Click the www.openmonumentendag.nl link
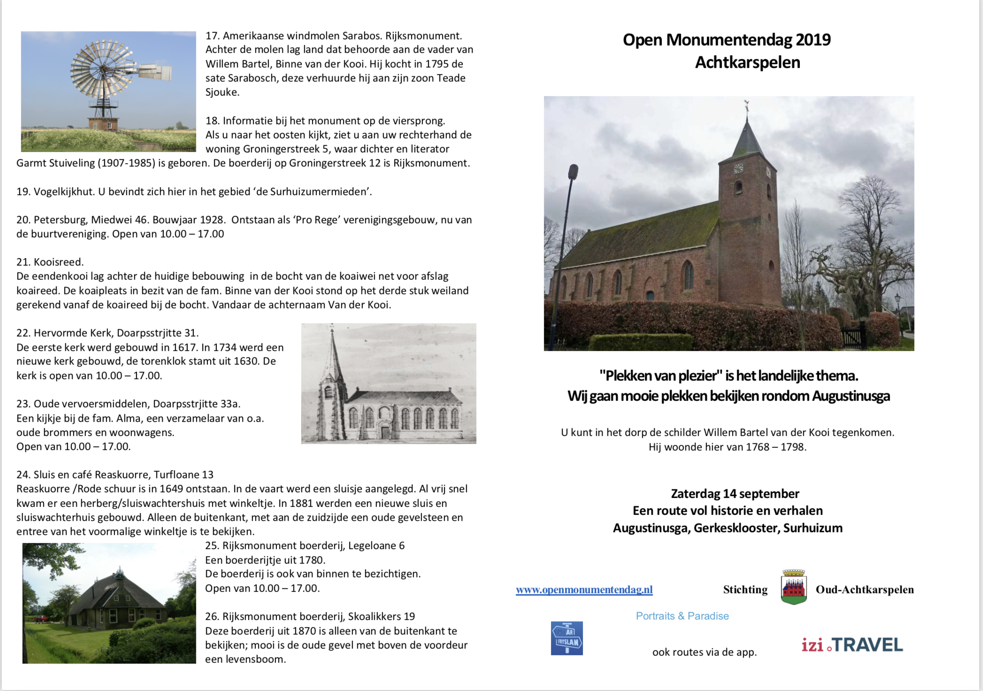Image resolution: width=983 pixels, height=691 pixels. click(584, 590)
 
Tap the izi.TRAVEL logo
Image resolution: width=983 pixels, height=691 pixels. click(852, 645)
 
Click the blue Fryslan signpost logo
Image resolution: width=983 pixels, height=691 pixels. click(567, 638)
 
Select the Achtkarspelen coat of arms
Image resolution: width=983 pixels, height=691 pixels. click(793, 587)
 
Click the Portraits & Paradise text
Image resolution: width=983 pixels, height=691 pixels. click(682, 616)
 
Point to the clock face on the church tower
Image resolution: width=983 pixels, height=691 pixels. click(738, 168)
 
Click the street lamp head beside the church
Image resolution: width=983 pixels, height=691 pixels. click(573, 172)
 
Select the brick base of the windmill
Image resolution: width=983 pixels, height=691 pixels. click(103, 124)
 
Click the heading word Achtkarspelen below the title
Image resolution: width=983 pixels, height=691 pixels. click(747, 62)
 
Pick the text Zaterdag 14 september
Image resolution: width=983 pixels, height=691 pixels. click(735, 494)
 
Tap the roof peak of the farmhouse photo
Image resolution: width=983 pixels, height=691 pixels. click(121, 573)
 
